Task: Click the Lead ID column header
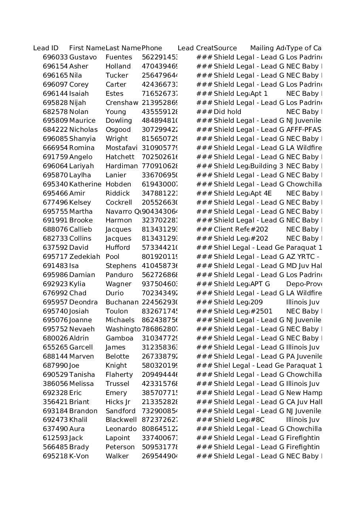click(46, 48)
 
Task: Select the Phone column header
click(152, 48)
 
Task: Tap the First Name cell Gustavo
click(83, 57)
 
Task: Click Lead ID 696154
click(55, 66)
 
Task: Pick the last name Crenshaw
click(122, 103)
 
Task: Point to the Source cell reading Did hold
click(227, 112)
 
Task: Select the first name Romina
click(82, 148)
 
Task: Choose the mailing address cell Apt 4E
click(261, 194)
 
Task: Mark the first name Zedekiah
click(85, 257)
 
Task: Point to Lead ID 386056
click(55, 384)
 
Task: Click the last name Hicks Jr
click(118, 402)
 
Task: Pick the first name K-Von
click(79, 456)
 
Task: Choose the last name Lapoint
click(118, 438)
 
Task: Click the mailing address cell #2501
click(261, 311)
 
